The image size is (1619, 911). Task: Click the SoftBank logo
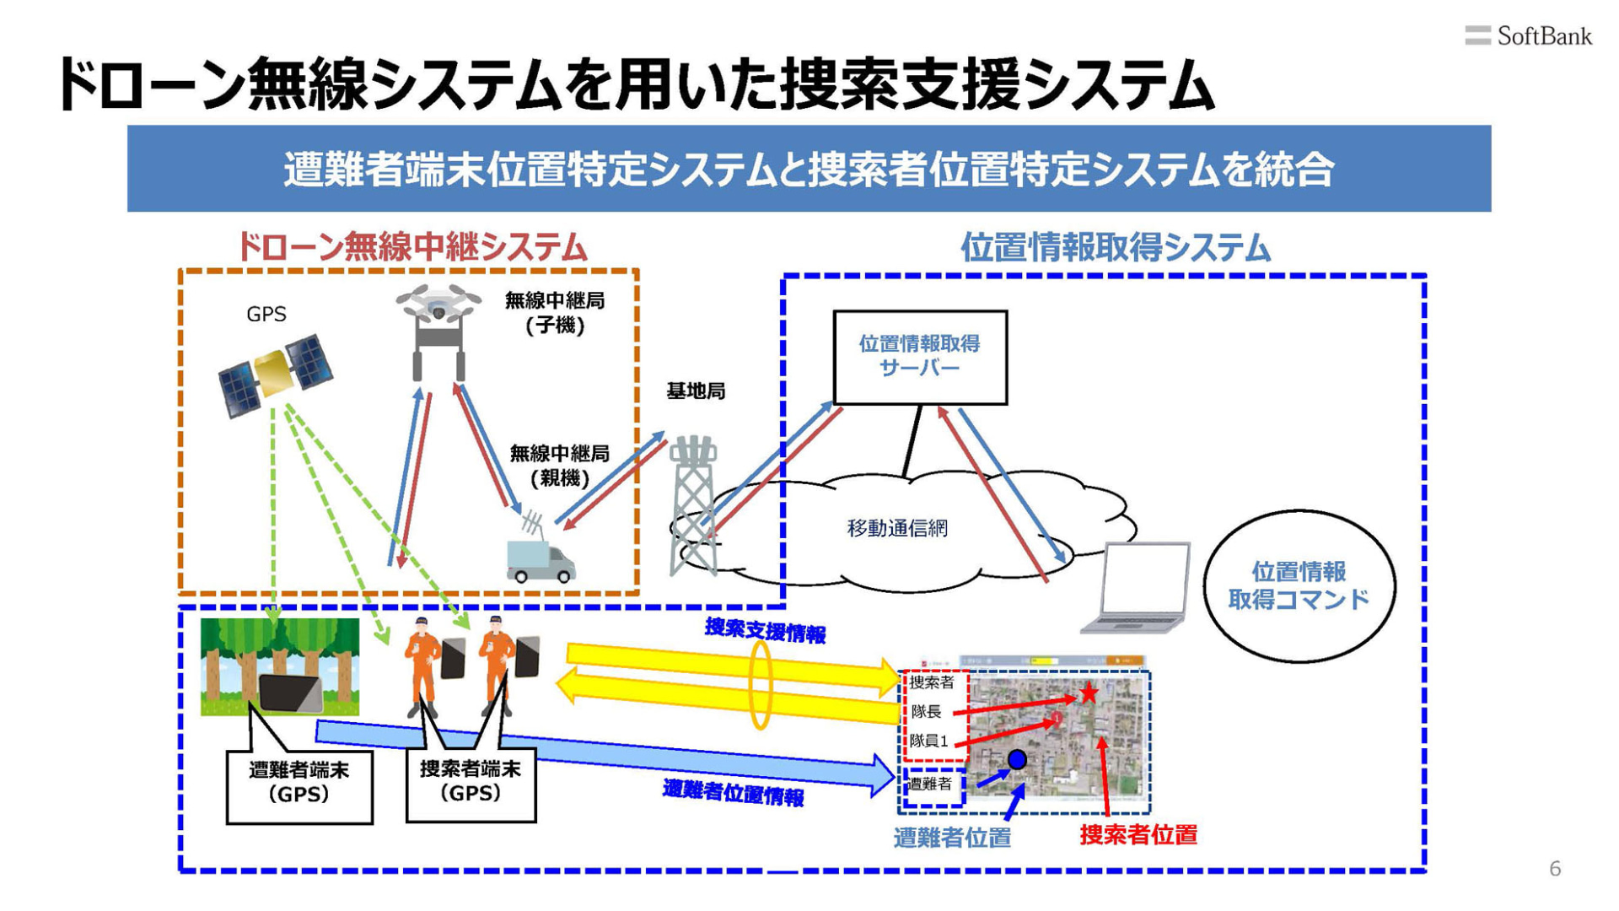(x=1527, y=36)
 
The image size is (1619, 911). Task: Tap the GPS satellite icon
(x=275, y=375)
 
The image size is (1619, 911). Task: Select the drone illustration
(x=438, y=329)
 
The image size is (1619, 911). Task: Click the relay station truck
(x=539, y=557)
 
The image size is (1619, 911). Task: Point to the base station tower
(x=694, y=506)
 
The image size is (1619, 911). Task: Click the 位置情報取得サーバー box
(x=919, y=357)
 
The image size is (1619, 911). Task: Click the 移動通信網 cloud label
(x=897, y=528)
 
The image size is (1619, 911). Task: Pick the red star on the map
(x=1089, y=693)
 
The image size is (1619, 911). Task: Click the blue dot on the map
(x=1017, y=759)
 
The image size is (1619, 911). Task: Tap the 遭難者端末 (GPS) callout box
(x=299, y=784)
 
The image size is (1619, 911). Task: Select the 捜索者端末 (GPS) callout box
(x=471, y=782)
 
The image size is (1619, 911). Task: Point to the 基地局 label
(x=696, y=391)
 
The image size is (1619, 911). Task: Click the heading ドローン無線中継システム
(x=411, y=247)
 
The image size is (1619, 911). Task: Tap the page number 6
(x=1555, y=869)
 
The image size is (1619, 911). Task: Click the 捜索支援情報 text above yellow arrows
(x=765, y=631)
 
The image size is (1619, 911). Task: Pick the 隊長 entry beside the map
(x=926, y=711)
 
